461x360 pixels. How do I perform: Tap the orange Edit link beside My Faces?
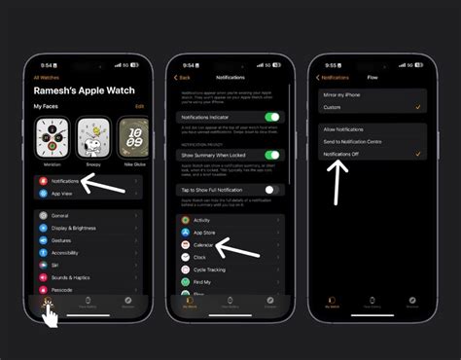[x=139, y=105]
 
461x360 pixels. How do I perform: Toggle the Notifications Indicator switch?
[x=273, y=117]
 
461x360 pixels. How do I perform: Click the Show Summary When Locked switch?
[x=273, y=154]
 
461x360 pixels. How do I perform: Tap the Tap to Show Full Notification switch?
[x=273, y=190]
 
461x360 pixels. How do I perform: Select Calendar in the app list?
[x=204, y=245]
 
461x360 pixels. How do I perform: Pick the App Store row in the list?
[x=205, y=234]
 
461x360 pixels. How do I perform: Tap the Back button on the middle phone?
[x=182, y=77]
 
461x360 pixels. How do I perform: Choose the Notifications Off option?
[x=345, y=154]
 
